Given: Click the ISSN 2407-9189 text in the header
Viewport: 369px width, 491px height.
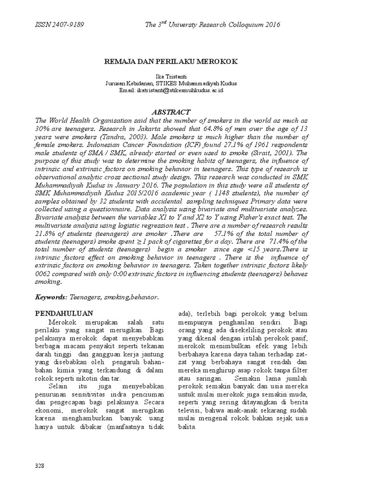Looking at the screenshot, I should coord(60,24).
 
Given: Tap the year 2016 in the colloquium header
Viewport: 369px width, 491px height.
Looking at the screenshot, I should coord(271,24).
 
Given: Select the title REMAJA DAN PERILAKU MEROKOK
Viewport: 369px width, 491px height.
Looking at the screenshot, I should coord(171,62).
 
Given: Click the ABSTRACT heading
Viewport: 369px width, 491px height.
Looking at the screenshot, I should coord(171,112).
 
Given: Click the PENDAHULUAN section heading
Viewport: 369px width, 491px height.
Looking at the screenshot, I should coord(64,313).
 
